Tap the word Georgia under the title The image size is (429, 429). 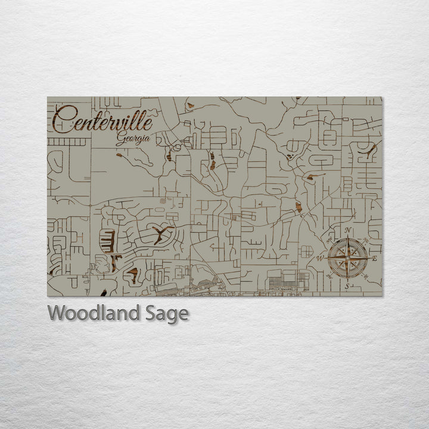(x=132, y=139)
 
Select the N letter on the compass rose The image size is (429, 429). (x=348, y=231)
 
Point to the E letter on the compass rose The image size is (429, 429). (x=374, y=259)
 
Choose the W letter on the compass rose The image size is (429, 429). (x=320, y=259)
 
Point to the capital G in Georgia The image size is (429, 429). (x=120, y=139)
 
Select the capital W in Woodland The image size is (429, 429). (x=57, y=313)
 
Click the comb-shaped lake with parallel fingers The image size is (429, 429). (x=108, y=241)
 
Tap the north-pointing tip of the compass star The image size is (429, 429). (x=347, y=238)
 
